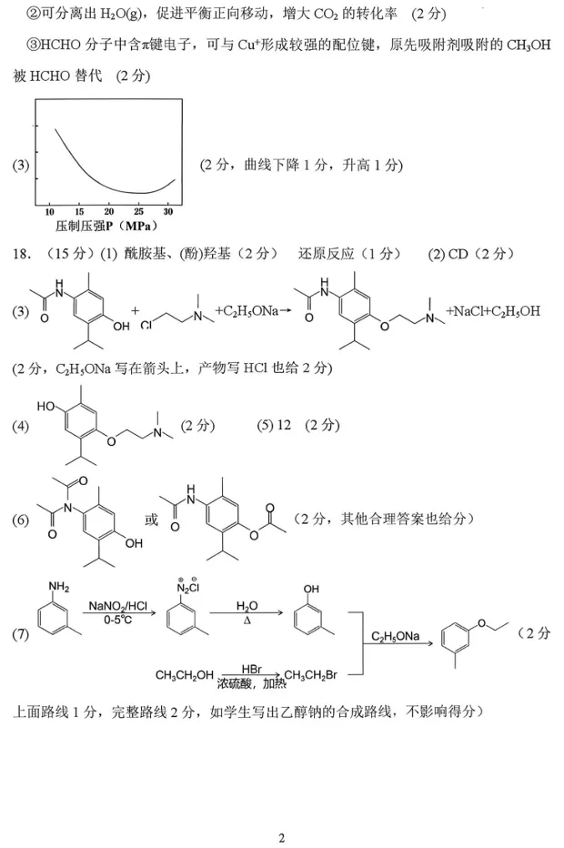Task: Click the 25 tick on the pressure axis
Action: pos(138,211)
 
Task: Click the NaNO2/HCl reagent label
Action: pos(118,607)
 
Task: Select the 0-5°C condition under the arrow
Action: pos(118,620)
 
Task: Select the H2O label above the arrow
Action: pos(247,606)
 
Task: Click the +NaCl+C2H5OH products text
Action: pos(493,311)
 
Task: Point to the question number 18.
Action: pos(23,254)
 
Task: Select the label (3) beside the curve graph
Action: pos(21,165)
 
